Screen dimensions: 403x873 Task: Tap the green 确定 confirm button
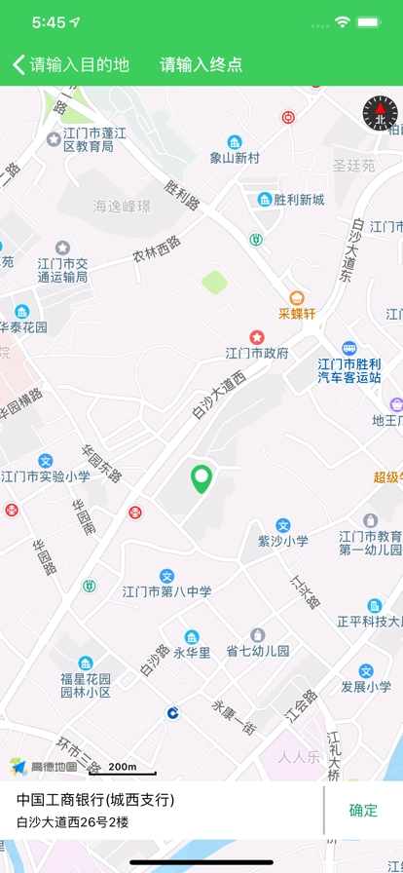pyautogui.click(x=363, y=810)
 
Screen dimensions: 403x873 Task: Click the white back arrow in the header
pyautogui.click(x=18, y=64)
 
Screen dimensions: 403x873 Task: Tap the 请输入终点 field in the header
pyautogui.click(x=201, y=65)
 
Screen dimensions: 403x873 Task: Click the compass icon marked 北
pyautogui.click(x=380, y=114)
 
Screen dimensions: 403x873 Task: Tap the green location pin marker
pyautogui.click(x=201, y=478)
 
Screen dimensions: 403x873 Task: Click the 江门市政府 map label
pyautogui.click(x=257, y=352)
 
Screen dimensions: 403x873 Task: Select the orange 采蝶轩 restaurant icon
pyautogui.click(x=297, y=298)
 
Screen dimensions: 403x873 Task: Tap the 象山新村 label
pyautogui.click(x=235, y=156)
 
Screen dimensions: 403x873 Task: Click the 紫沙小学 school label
pyautogui.click(x=282, y=540)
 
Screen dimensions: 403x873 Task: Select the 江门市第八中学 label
pyautogui.click(x=166, y=590)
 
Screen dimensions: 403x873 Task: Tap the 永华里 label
pyautogui.click(x=192, y=652)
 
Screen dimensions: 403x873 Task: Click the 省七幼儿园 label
pyautogui.click(x=258, y=650)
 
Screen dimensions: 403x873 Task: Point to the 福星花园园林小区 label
pyautogui.click(x=86, y=684)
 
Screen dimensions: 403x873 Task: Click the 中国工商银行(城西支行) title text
pyautogui.click(x=95, y=800)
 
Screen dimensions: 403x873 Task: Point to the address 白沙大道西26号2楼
pyautogui.click(x=73, y=822)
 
